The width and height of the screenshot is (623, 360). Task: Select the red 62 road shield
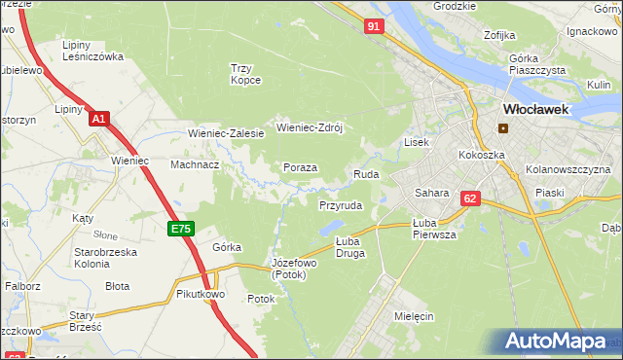470,198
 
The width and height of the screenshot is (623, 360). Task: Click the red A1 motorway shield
97,119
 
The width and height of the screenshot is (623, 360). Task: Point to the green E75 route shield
181,229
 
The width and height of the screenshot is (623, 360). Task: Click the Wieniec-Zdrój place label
311,126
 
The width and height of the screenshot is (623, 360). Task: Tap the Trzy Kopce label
246,74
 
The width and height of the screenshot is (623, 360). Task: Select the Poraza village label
300,167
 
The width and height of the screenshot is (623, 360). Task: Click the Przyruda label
341,206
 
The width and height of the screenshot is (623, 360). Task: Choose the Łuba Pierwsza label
434,228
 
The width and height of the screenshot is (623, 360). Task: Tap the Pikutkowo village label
202,293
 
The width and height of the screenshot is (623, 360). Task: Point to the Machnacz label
195,164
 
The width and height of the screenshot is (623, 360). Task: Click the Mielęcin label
414,317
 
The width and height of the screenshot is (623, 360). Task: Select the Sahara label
430,193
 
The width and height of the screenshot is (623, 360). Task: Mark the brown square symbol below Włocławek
503,127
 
